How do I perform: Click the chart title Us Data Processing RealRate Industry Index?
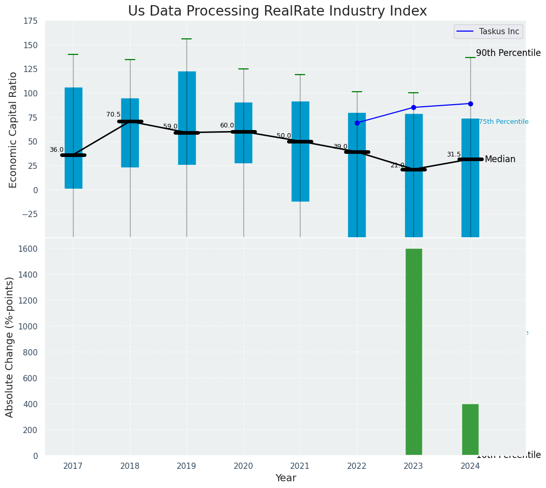277,11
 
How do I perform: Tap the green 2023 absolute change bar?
413,352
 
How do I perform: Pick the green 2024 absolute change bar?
470,429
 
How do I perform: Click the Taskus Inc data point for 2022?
357,123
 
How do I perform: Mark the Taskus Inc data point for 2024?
470,104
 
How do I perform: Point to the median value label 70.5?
113,115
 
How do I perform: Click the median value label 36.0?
56,150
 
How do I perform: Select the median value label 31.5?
454,154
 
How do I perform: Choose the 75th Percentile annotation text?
503,122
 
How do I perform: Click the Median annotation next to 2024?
500,160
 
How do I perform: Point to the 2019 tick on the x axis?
186,466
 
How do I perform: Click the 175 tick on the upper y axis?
30,21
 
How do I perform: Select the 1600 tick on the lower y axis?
28,249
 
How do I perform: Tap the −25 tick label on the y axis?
28,214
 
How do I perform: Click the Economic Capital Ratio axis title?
13,130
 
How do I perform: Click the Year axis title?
285,478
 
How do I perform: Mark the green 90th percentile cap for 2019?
186,39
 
